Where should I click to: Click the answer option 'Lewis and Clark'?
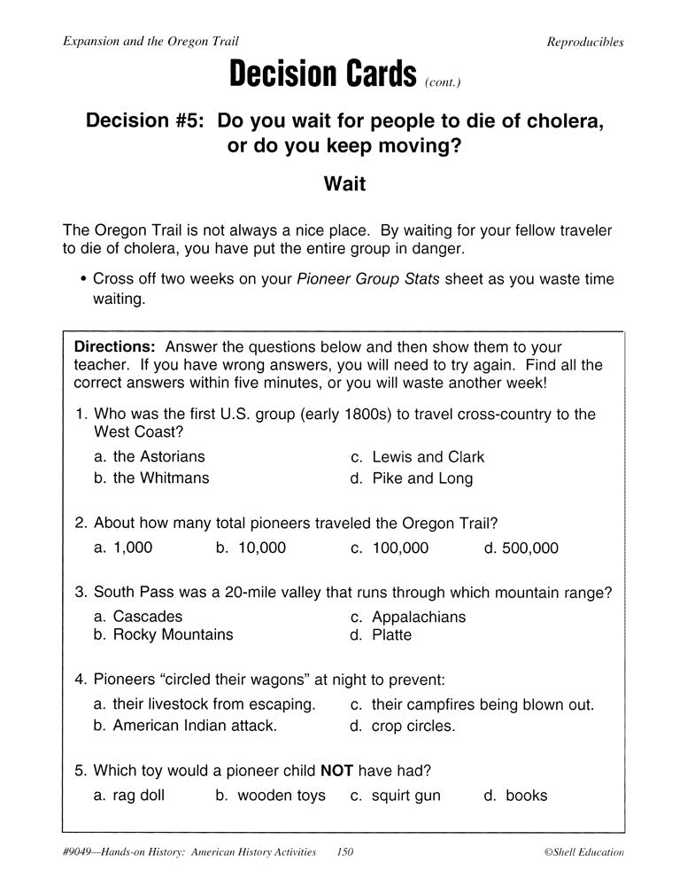(428, 457)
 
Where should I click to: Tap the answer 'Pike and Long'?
(422, 478)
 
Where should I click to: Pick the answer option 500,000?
(529, 548)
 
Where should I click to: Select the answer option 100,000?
(399, 548)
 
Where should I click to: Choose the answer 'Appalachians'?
(419, 617)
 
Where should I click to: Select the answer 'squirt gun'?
(405, 796)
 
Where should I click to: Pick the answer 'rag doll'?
(138, 796)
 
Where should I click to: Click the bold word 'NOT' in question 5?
(337, 771)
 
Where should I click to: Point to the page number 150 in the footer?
(345, 852)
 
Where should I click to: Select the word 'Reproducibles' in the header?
(584, 42)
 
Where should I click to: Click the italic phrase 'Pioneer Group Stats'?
(368, 279)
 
